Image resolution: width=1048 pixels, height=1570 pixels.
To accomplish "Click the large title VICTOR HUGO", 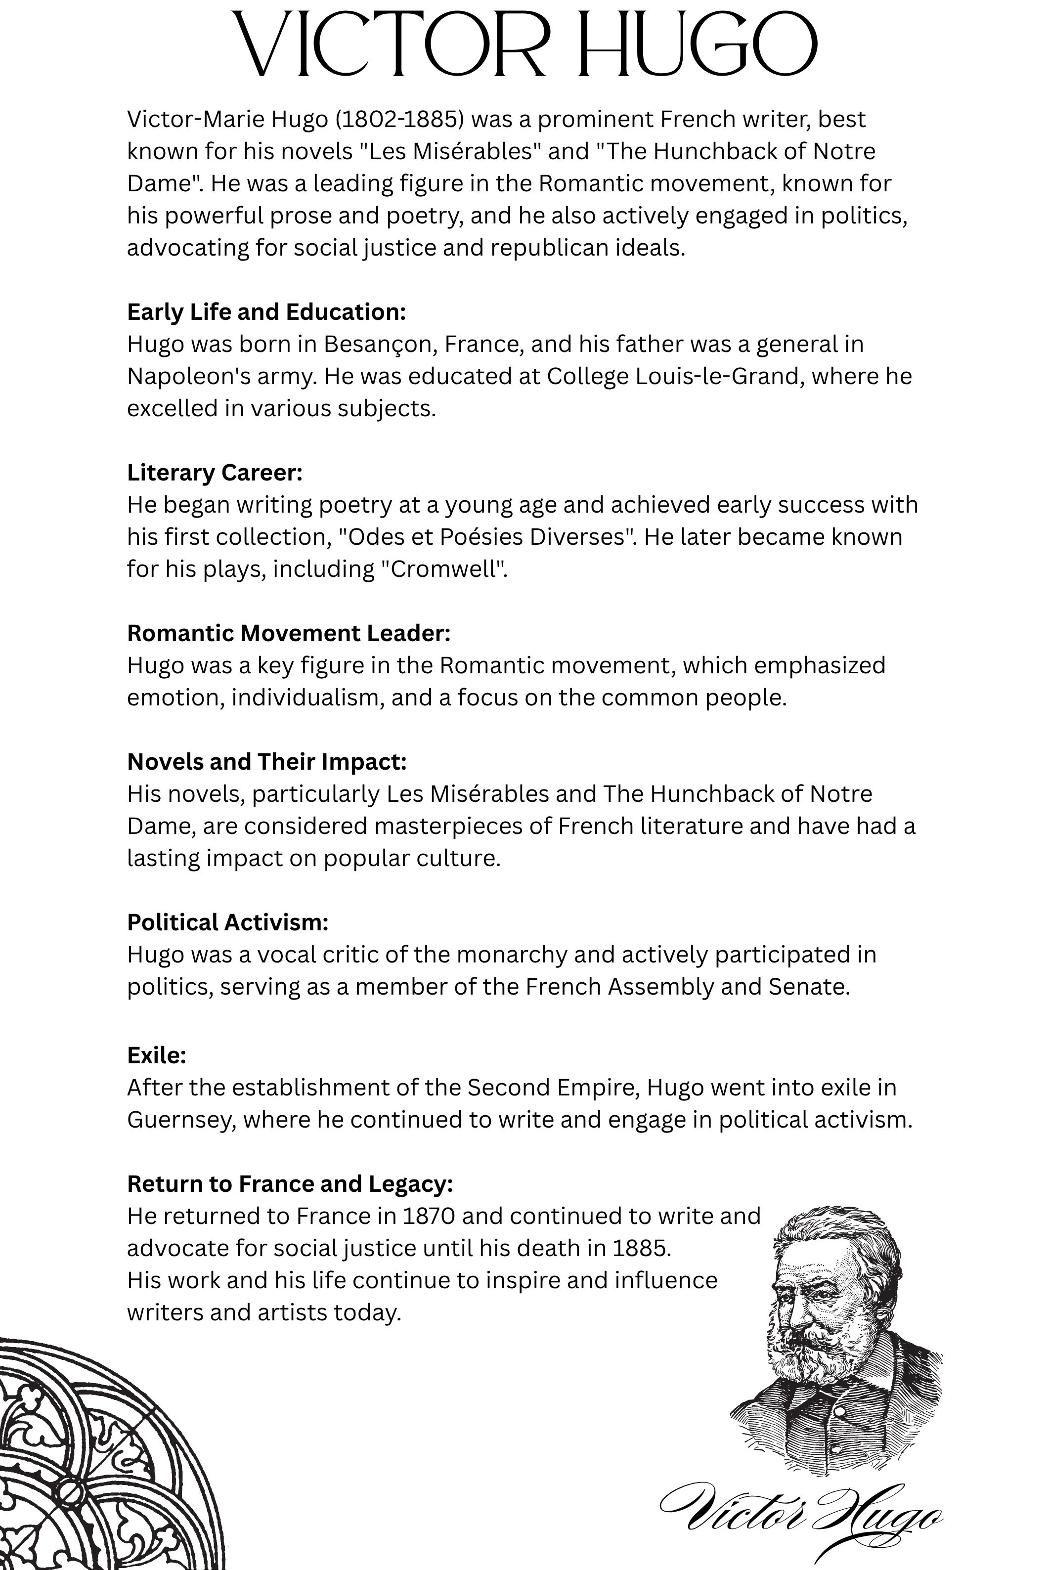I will coord(524,45).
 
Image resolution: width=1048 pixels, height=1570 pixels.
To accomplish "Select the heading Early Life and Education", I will coord(266,311).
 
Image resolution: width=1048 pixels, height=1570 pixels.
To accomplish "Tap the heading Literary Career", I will coord(215,473).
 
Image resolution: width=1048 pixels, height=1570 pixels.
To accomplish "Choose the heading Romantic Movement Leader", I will coord(289,633).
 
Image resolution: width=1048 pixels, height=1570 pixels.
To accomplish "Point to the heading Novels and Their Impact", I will coord(266,761).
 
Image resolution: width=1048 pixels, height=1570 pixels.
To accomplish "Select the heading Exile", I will coord(156,1055).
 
